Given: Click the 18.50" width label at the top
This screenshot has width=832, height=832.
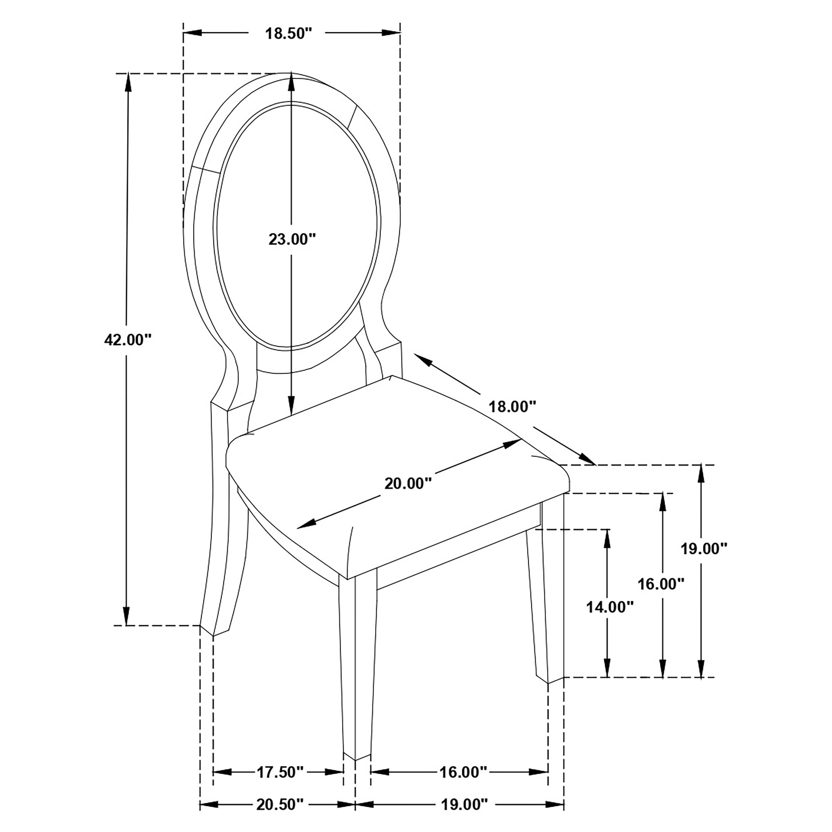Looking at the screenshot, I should tap(288, 34).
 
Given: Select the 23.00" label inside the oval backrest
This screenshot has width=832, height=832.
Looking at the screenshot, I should tap(292, 239).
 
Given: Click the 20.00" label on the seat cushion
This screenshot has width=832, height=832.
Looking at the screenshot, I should tap(408, 484).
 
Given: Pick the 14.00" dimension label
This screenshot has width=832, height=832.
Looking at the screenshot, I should tap(609, 607).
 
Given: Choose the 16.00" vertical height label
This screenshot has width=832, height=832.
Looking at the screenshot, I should tap(661, 584).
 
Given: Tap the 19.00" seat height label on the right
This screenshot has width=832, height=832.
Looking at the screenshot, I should tap(704, 549).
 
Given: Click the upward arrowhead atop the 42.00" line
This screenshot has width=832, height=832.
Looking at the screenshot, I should tap(127, 82).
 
